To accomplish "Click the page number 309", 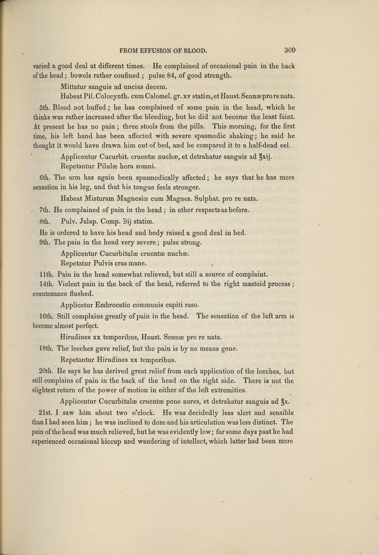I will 290,49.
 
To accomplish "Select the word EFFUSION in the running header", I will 159,49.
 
